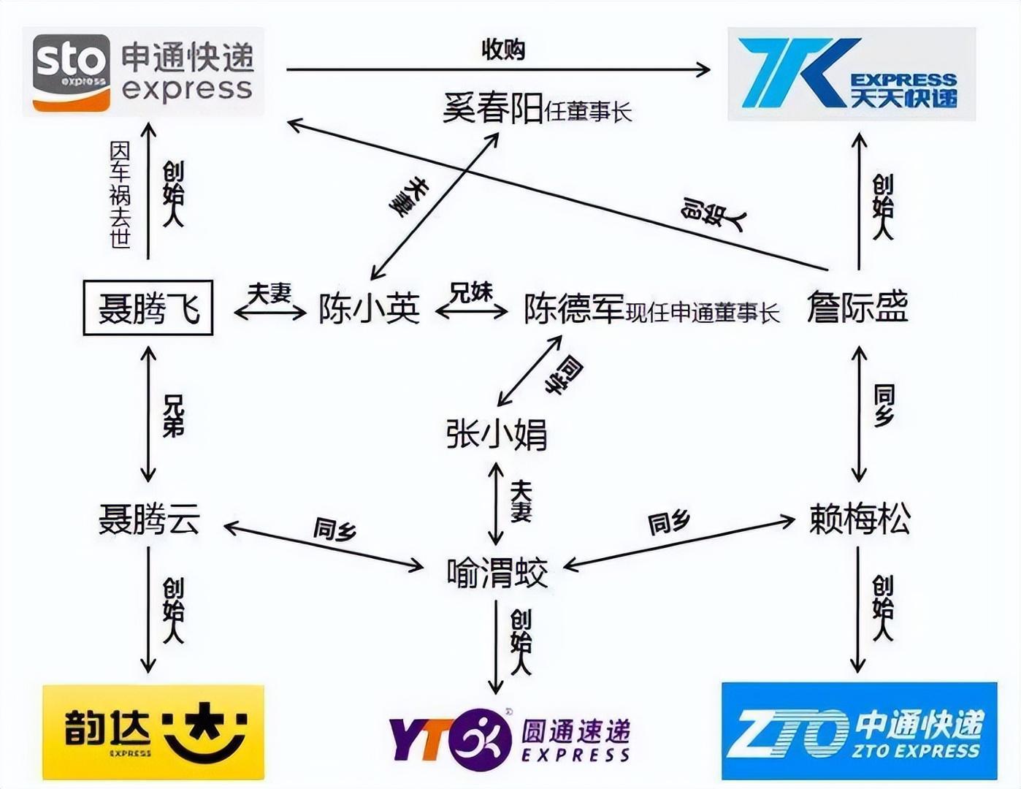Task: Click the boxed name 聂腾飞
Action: (148, 308)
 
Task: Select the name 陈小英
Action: (370, 309)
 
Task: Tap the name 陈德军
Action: (574, 309)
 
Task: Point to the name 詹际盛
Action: (857, 307)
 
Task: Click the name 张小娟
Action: (497, 434)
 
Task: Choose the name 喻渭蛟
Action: (497, 572)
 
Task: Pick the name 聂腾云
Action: (150, 519)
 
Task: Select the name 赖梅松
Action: (860, 519)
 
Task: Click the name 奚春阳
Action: (493, 107)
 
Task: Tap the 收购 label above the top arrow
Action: (503, 49)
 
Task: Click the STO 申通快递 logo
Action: (144, 72)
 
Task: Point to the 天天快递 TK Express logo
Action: (852, 74)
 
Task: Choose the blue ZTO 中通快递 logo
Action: (860, 731)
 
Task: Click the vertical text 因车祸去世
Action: (120, 195)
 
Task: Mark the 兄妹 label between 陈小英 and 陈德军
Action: (471, 292)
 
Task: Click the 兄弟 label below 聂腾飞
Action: (173, 416)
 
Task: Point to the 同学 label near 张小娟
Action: (564, 376)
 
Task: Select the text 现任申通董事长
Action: (703, 313)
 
